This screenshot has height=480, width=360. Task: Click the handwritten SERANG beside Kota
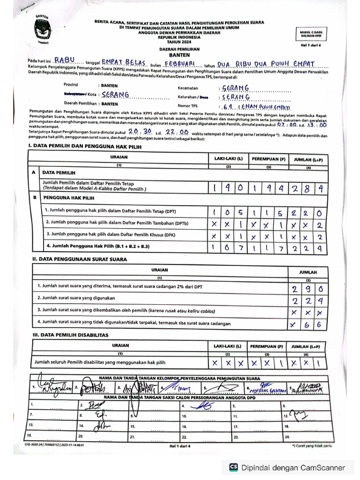coord(115,95)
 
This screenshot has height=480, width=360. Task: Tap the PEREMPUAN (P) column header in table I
coord(268,159)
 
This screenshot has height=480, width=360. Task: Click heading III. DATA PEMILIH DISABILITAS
coord(70,335)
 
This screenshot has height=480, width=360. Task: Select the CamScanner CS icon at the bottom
coord(233,467)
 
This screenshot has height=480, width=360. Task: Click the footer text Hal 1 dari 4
coord(180,446)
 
